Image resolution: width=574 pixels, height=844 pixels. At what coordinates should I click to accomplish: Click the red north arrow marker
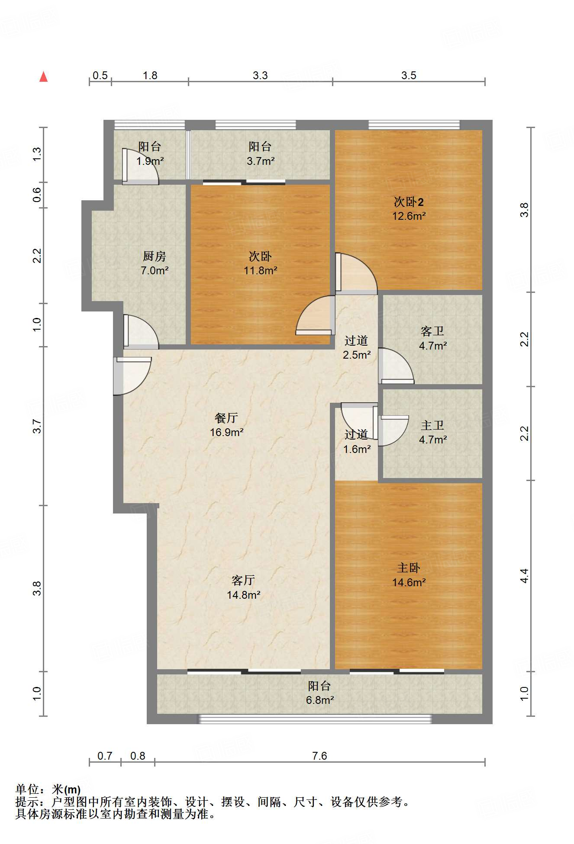click(43, 77)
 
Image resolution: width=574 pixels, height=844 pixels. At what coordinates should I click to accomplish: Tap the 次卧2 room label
click(409, 202)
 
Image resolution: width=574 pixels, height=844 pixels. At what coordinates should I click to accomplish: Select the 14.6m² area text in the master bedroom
click(409, 582)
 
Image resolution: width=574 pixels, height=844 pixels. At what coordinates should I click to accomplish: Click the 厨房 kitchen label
click(155, 256)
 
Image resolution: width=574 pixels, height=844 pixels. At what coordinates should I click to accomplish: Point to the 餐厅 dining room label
click(226, 418)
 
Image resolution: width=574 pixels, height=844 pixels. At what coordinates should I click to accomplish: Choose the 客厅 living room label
click(243, 580)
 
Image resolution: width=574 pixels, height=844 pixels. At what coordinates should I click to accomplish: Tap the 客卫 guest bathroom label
click(432, 331)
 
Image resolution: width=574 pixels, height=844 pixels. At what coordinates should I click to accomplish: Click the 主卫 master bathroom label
click(432, 425)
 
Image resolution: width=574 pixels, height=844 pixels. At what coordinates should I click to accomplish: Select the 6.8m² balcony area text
click(320, 700)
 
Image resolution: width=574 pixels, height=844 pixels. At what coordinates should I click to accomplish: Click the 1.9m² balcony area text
click(150, 161)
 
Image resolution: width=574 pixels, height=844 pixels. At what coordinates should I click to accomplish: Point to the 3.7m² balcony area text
click(261, 161)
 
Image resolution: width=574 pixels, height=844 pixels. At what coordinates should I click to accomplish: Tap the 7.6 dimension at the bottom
click(319, 756)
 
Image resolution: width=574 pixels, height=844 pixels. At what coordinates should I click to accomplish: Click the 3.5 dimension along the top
click(409, 75)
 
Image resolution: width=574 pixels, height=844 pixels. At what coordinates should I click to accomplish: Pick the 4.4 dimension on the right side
click(524, 576)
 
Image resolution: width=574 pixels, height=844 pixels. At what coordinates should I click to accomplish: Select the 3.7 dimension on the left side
click(37, 426)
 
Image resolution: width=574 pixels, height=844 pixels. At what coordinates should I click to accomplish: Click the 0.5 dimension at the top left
click(100, 75)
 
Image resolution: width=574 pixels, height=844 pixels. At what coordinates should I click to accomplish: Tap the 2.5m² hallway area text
click(357, 355)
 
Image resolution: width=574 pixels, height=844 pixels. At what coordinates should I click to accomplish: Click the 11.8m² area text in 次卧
click(261, 271)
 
